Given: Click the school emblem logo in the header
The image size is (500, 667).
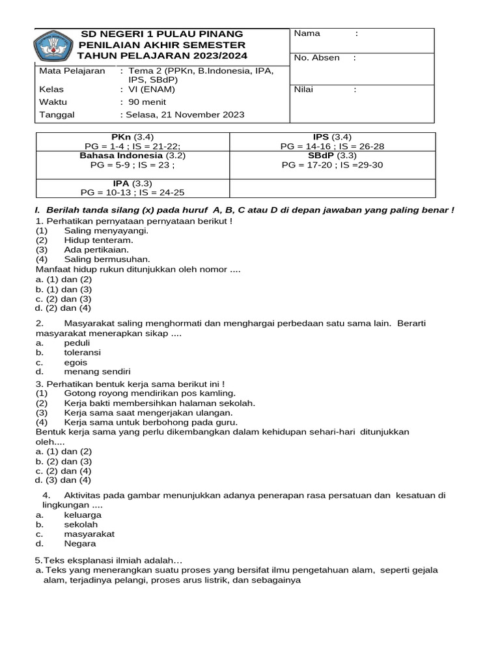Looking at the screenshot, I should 54,47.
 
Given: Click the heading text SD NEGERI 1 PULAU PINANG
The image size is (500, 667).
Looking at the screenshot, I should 161,34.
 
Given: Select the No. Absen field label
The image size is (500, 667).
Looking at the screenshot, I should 317,58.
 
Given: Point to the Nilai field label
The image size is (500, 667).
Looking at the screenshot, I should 305,90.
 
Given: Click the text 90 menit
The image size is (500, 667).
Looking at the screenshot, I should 147,102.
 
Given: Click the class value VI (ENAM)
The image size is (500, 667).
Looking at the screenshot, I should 152,90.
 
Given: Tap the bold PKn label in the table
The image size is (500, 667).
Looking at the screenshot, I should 122,137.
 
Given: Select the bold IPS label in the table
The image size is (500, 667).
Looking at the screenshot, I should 322,137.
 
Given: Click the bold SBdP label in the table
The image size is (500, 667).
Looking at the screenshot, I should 321,156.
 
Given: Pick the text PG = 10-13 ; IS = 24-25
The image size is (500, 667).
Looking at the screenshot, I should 132,193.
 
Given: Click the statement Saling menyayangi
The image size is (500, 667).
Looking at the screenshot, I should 106,231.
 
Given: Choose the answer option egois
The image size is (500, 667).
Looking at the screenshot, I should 76,362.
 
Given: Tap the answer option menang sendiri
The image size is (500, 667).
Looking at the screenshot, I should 93,372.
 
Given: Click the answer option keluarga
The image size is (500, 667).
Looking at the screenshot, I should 83,515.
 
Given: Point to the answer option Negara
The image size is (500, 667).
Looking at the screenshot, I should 80,543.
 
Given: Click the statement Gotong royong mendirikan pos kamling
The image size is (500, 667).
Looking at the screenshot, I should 150,393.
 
